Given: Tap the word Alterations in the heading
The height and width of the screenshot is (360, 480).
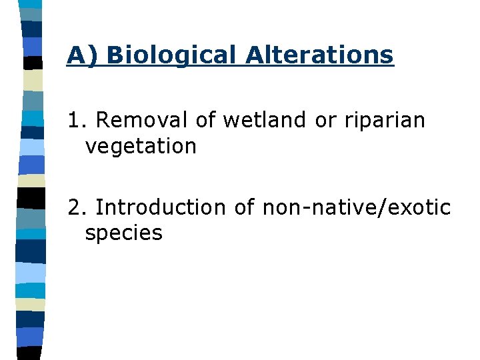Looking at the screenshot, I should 319,55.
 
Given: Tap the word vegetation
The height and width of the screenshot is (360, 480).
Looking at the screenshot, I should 141,146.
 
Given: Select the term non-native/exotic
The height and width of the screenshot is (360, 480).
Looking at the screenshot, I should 357,207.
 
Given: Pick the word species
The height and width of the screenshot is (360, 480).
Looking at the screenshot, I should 123,233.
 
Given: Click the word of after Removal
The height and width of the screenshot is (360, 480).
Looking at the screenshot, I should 206,120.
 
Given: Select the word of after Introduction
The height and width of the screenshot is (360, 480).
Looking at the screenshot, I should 244,207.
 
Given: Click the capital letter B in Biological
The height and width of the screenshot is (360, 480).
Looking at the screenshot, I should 114,55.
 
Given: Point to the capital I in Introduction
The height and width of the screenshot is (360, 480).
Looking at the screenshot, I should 99,207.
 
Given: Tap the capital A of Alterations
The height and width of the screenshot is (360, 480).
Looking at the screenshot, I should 253,55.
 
